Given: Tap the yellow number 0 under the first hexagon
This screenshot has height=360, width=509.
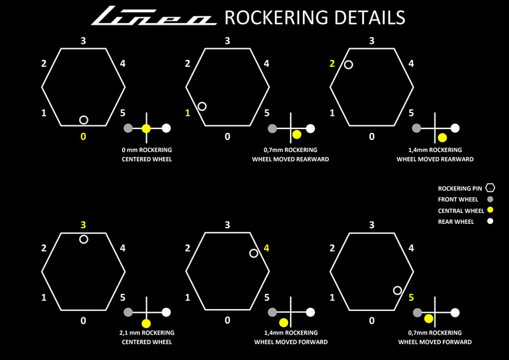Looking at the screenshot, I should coord(83,136).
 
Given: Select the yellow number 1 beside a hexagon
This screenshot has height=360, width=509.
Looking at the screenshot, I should coord(188,113).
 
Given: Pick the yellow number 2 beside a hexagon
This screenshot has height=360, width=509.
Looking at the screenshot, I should coord(332,64).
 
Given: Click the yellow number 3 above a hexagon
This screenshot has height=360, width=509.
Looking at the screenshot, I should coord(83,225).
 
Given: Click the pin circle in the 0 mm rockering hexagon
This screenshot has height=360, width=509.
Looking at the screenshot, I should coord(83,120).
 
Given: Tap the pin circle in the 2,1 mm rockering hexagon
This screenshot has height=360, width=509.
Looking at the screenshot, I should coord(83,239).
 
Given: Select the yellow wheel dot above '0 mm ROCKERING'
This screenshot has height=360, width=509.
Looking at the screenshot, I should coord(146,128).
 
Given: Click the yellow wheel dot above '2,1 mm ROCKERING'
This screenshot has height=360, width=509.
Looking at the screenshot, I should coord(146,323).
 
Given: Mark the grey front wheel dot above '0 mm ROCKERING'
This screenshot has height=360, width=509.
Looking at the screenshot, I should coord(128,128).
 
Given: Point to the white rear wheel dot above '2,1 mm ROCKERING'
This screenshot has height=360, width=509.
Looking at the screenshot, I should coord(166,312).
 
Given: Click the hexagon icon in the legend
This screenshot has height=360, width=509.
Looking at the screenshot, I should coord(491,188).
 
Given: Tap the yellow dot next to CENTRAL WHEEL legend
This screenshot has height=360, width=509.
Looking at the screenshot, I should coord(491,210).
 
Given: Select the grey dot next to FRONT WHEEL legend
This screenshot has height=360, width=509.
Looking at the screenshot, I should coord(491,199).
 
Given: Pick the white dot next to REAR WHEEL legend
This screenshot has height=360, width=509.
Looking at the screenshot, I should coord(491,221).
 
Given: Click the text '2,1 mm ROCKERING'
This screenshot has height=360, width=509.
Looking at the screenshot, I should coord(146,333).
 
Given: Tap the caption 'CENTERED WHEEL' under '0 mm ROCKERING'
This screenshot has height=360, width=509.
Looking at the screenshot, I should coord(146,159).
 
